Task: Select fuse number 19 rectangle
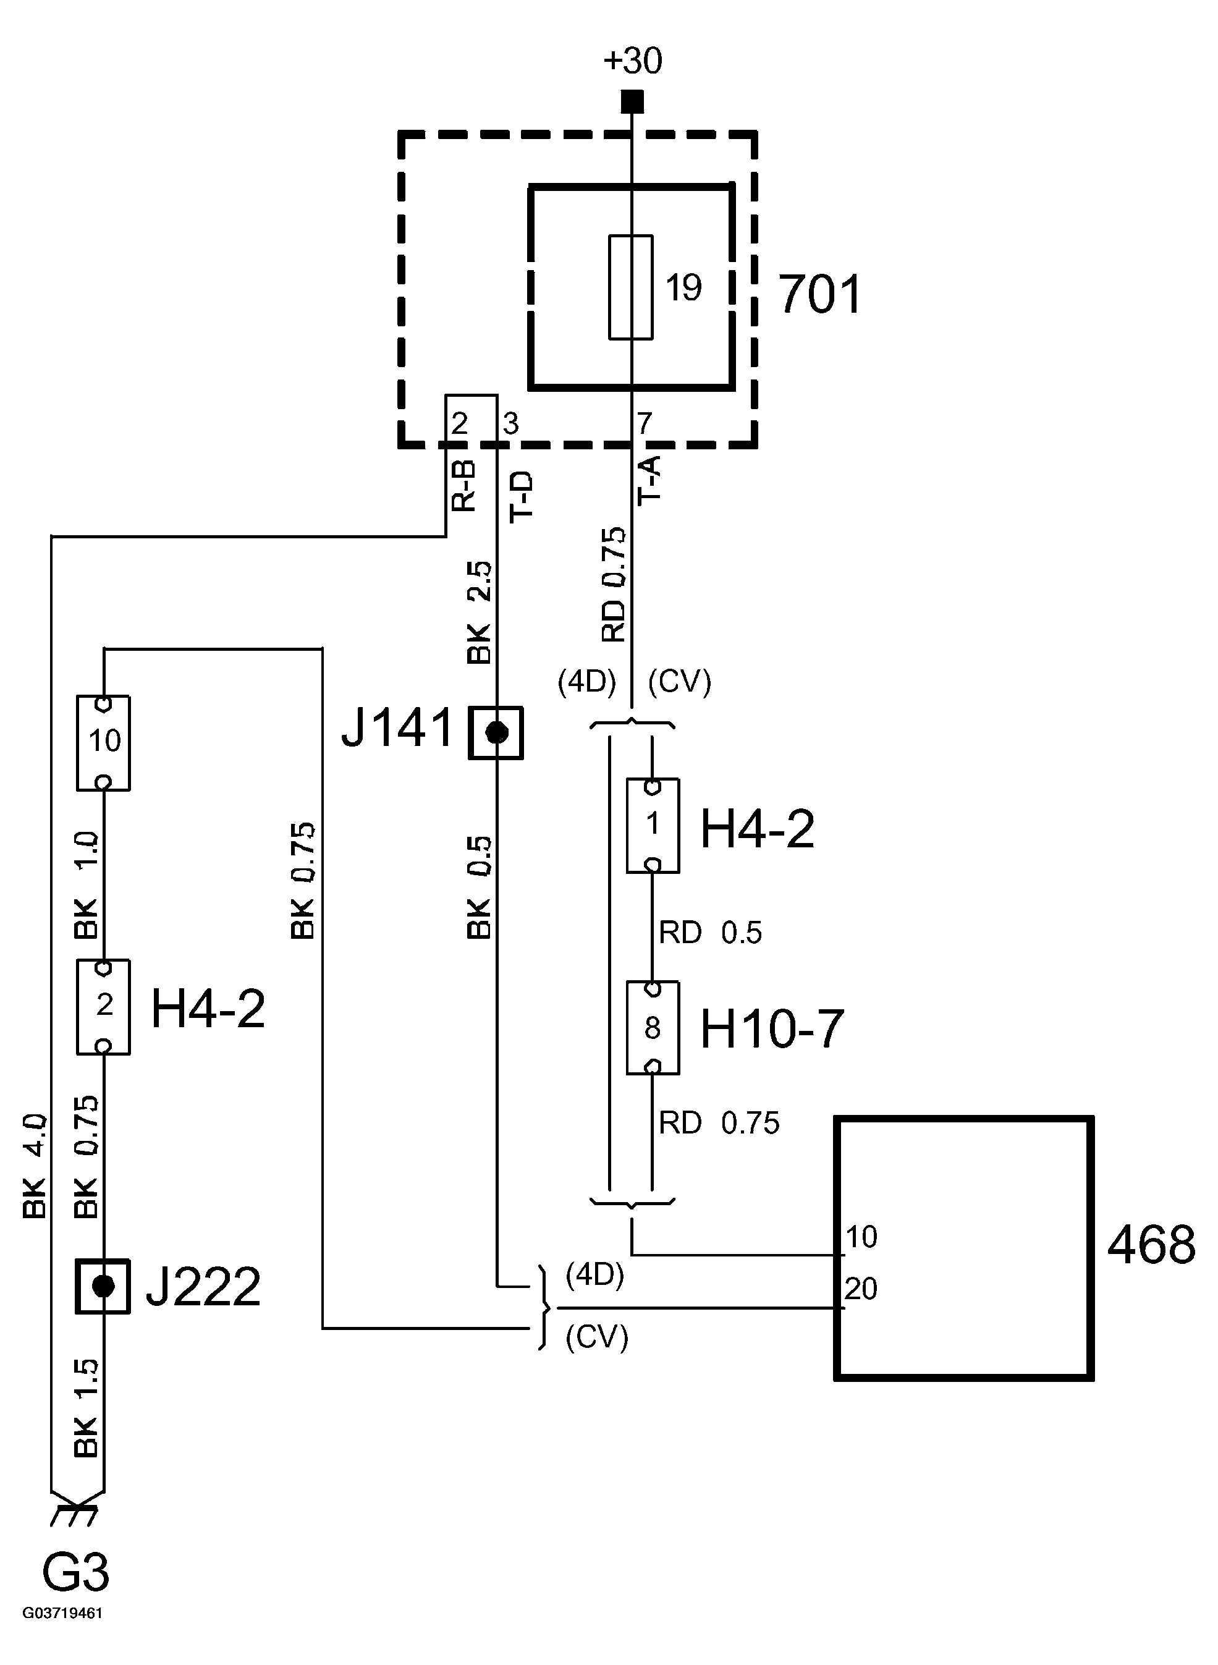[630, 287]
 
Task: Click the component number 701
[820, 295]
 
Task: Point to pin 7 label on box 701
[645, 423]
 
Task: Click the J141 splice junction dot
[497, 733]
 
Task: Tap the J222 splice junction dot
[103, 1287]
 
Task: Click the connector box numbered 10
[104, 742]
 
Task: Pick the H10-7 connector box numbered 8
[653, 1028]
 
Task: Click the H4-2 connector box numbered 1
[653, 826]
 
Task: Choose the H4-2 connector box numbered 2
[104, 1007]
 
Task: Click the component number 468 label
[1151, 1245]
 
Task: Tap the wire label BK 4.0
[35, 1165]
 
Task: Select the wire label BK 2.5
[480, 612]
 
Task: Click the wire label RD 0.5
[710, 933]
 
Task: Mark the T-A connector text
[649, 480]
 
